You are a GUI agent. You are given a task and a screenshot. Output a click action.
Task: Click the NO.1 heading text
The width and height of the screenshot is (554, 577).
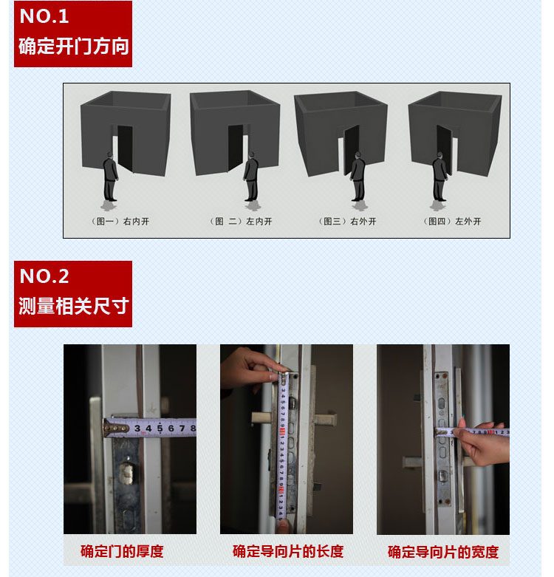(x=44, y=16)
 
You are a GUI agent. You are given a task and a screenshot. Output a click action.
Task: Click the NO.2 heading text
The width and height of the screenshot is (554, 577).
(x=44, y=276)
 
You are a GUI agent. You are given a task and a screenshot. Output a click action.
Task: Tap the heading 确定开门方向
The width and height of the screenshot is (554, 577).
(x=74, y=47)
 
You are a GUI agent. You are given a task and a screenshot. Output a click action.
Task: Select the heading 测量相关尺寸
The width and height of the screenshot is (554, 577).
(x=74, y=306)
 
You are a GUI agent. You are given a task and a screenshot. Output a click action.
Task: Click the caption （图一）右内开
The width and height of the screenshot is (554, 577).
(x=120, y=221)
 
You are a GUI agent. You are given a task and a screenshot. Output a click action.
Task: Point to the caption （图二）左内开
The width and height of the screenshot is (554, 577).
(x=241, y=221)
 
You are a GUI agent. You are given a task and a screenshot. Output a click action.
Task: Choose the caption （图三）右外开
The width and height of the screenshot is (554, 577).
(x=347, y=221)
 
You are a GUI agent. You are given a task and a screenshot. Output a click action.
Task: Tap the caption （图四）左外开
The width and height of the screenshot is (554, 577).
(x=452, y=221)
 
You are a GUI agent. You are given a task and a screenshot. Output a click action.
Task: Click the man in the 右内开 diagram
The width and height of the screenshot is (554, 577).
(x=110, y=177)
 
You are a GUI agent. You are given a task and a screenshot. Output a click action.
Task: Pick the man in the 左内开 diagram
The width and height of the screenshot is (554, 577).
(x=251, y=177)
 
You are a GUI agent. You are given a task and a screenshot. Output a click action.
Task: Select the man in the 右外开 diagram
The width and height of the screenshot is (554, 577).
(x=358, y=177)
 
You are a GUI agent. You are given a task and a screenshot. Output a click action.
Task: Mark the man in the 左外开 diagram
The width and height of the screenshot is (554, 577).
(x=440, y=177)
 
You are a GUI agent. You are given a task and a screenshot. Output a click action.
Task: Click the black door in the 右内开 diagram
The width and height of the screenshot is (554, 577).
(x=125, y=148)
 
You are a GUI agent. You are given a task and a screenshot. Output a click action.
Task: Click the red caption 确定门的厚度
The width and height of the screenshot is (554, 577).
(x=122, y=551)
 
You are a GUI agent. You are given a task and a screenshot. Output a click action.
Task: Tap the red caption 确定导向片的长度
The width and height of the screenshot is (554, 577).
(x=288, y=551)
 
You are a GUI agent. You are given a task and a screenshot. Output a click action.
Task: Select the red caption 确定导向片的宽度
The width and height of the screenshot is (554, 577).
(x=443, y=552)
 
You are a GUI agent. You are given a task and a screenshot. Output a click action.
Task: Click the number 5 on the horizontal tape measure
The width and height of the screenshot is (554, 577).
(x=160, y=428)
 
